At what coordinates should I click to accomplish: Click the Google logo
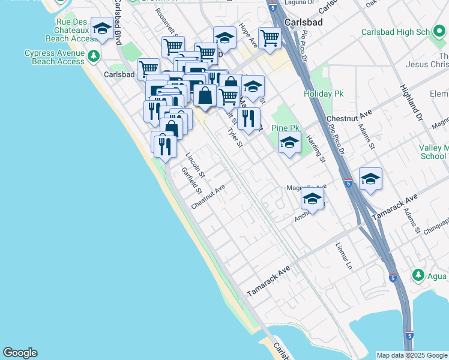(20, 353)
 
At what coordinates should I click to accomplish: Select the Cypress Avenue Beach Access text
(55, 57)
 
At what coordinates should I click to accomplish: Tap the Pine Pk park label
(285, 128)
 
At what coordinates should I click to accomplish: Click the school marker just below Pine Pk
(289, 143)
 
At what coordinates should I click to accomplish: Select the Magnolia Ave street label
(306, 187)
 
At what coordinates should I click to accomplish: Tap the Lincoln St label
(195, 166)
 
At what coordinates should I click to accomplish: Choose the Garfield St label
(191, 181)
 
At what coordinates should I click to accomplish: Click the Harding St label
(315, 149)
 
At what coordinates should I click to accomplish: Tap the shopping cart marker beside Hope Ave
(270, 38)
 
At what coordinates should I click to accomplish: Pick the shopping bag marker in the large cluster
(205, 95)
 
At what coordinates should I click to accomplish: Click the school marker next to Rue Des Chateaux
(103, 29)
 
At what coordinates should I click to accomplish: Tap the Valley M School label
(434, 152)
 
